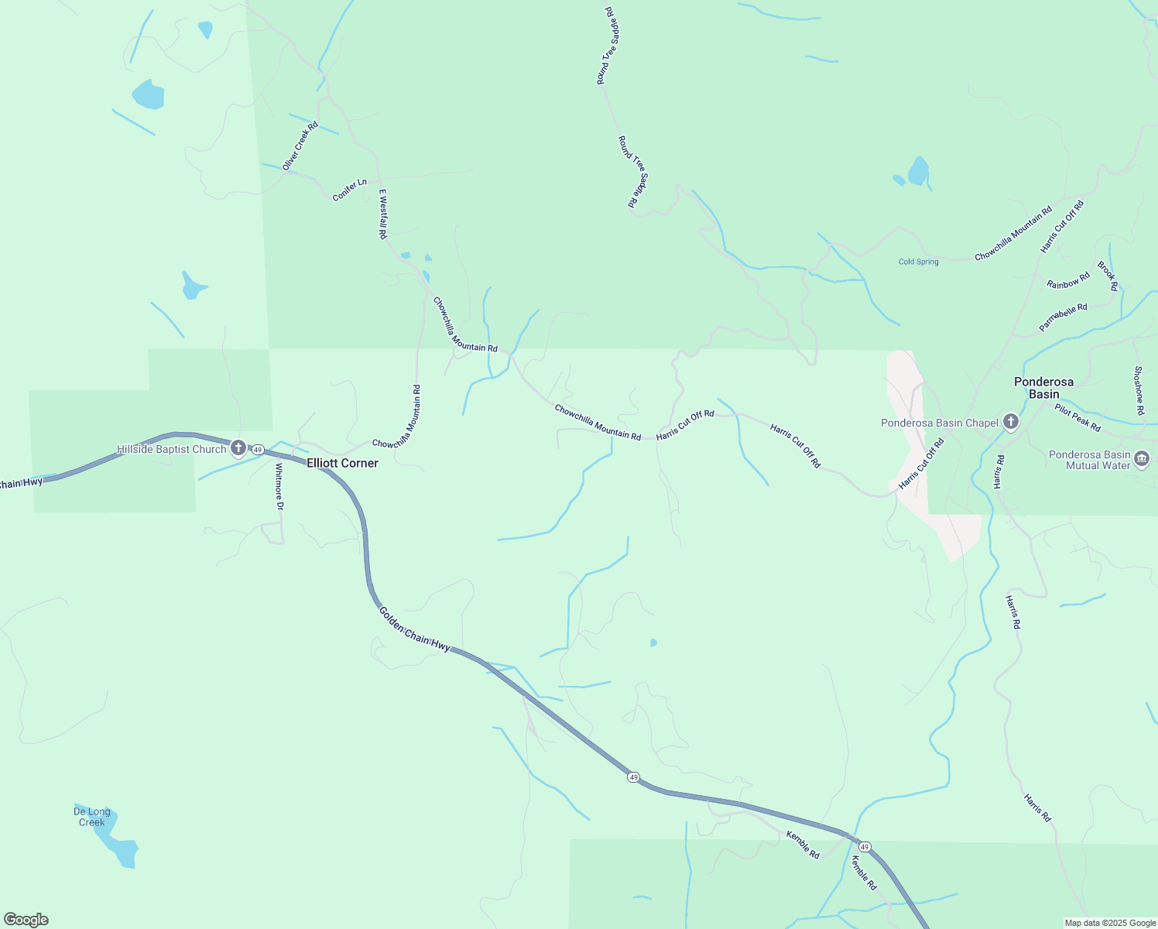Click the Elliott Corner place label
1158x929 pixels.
click(342, 463)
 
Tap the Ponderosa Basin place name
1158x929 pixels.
click(1043, 388)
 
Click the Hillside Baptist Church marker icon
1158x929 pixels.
click(238, 448)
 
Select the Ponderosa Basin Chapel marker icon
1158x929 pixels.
click(1010, 422)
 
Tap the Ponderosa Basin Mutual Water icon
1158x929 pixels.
click(1142, 460)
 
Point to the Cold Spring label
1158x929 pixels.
click(918, 262)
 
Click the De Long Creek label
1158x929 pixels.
click(92, 817)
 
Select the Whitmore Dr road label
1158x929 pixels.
click(279, 487)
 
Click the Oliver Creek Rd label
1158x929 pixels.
click(300, 146)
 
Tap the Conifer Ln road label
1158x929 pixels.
click(349, 190)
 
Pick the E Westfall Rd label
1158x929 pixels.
click(382, 214)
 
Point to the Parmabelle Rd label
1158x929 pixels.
click(1063, 317)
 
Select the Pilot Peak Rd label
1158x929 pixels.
click(1077, 418)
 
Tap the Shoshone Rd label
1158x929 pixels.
click(1138, 391)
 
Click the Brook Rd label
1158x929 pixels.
click(1108, 276)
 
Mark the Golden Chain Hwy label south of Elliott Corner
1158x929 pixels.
click(414, 629)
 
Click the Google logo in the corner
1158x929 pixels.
click(26, 920)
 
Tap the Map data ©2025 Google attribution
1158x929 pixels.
click(1110, 923)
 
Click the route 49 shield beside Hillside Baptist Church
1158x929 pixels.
click(258, 450)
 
